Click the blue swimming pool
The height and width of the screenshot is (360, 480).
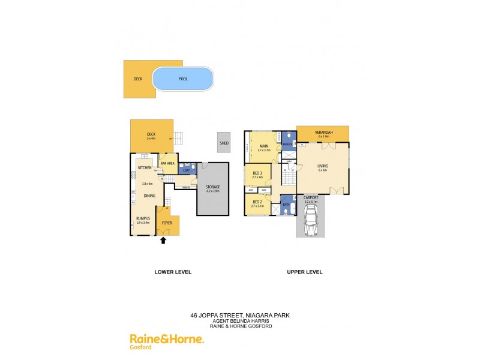tap(183, 79)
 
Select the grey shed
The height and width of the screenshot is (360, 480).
tap(224, 143)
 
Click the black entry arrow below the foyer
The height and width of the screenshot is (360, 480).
tap(163, 241)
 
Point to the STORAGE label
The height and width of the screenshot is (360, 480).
tap(213, 187)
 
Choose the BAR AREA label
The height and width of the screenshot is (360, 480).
tap(167, 163)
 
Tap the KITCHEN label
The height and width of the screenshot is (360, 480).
tap(145, 167)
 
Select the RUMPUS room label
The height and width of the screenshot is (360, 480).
tap(143, 218)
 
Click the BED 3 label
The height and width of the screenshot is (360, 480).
tap(257, 173)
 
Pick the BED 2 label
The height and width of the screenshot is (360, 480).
tap(257, 202)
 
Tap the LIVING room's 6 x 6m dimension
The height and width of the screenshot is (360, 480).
tap(323, 170)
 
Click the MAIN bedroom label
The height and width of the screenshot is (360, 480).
tap(263, 146)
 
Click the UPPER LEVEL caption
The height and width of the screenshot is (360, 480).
tap(305, 272)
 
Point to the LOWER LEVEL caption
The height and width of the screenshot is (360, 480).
tap(173, 272)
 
